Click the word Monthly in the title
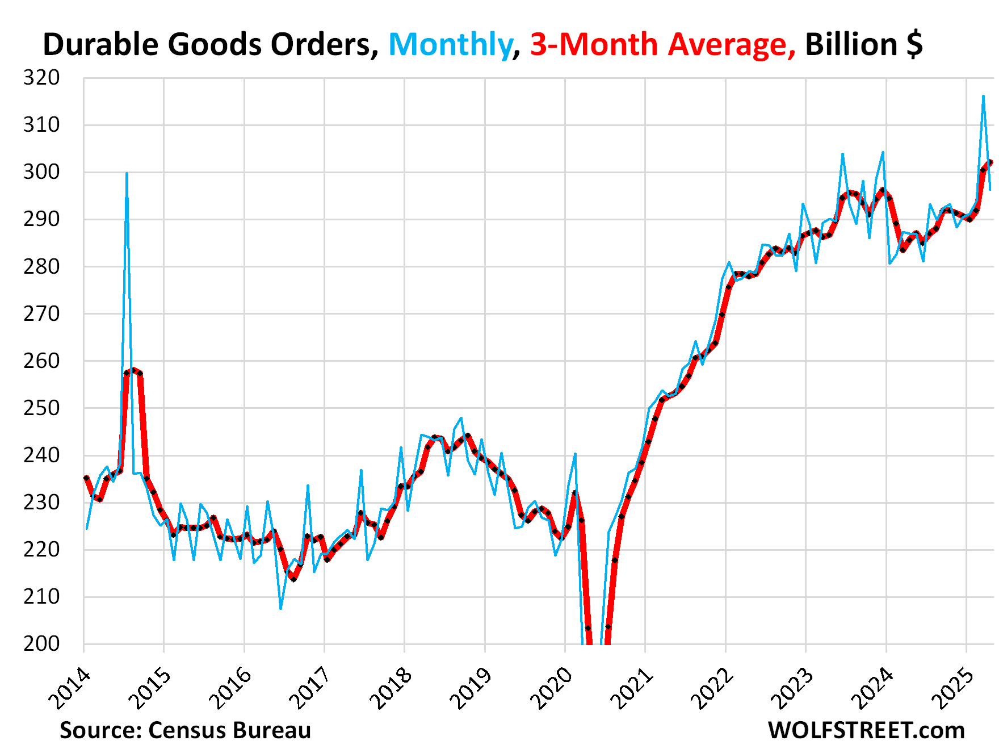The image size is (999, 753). (x=450, y=45)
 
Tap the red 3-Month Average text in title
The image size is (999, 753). (x=662, y=45)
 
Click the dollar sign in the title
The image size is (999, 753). (x=914, y=45)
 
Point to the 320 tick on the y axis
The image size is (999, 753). (x=41, y=78)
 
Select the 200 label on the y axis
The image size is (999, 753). (x=41, y=643)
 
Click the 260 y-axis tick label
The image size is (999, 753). (x=41, y=361)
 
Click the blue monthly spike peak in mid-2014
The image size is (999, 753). (x=127, y=173)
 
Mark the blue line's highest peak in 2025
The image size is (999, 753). (x=983, y=96)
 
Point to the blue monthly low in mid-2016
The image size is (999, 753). (x=281, y=609)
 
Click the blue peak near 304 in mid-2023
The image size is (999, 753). (x=842, y=154)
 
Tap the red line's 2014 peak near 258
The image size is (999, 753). (x=133, y=370)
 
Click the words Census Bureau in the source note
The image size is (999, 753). (x=229, y=730)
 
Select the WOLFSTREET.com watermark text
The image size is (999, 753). (x=866, y=730)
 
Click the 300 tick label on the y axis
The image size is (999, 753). (x=41, y=172)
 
